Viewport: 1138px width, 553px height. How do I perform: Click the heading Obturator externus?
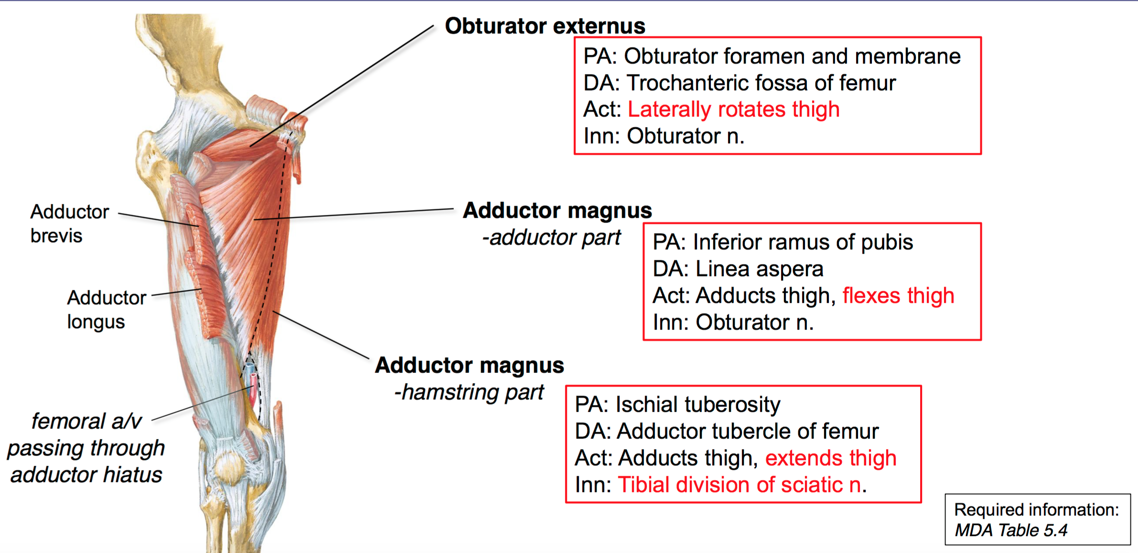[545, 26]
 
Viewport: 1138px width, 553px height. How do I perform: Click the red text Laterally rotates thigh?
[733, 109]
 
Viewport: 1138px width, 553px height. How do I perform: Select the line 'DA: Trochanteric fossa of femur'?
[739, 83]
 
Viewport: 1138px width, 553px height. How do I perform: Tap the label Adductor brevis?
[69, 223]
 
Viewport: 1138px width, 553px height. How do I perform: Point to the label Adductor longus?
[106, 309]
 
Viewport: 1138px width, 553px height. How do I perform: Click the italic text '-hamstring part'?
[468, 392]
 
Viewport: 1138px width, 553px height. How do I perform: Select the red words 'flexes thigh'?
[898, 296]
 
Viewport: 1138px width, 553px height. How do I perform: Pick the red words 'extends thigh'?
[830, 458]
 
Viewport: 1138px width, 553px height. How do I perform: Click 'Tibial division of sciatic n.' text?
[741, 485]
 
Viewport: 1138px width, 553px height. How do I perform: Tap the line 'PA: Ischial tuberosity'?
[677, 404]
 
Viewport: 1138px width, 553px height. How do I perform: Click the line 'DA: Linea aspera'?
[738, 269]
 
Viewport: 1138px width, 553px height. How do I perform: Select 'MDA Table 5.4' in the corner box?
[1010, 530]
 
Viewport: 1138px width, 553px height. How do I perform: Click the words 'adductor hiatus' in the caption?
[86, 475]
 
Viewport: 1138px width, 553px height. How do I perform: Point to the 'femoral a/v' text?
[86, 421]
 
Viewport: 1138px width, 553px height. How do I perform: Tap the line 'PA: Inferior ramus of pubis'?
[783, 242]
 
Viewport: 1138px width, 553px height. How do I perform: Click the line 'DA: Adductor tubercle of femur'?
[726, 431]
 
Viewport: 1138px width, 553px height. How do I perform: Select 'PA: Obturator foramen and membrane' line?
[772, 56]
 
